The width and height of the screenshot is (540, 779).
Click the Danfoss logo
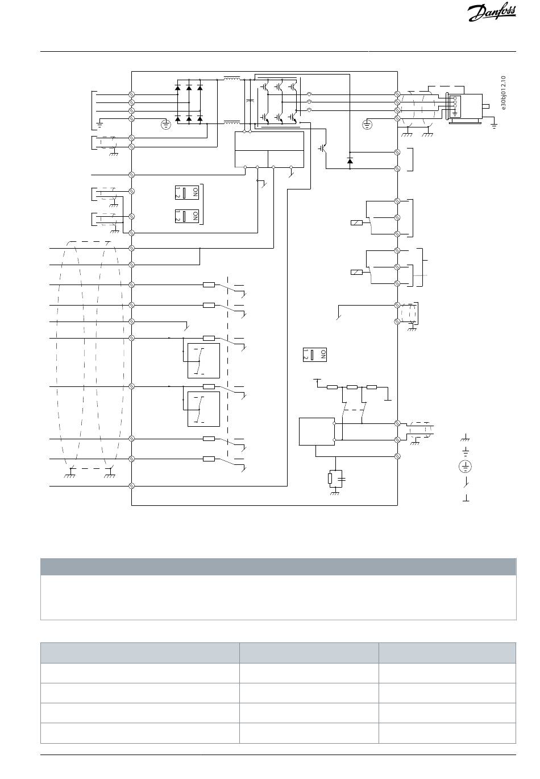click(492, 13)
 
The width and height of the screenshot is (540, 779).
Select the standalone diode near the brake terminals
click(350, 160)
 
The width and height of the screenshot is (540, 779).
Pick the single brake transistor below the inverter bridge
click(322, 147)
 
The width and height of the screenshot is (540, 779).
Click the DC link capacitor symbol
click(250, 101)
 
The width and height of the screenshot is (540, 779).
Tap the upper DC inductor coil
click(231, 79)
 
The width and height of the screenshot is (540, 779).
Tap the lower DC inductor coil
click(231, 121)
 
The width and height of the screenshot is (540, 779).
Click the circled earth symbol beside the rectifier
click(166, 124)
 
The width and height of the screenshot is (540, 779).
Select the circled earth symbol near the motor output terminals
click(368, 123)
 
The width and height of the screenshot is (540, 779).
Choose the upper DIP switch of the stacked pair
click(188, 192)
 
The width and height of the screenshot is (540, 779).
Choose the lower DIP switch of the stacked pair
click(188, 216)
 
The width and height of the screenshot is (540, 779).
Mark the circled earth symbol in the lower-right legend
click(466, 467)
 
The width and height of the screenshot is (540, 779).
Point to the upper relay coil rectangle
click(357, 222)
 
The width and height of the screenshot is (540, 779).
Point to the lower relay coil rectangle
click(357, 272)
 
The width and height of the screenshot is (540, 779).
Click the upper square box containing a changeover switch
click(203, 360)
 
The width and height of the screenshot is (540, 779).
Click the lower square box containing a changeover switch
click(203, 409)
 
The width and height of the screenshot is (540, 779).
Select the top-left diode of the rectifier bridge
click(177, 88)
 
